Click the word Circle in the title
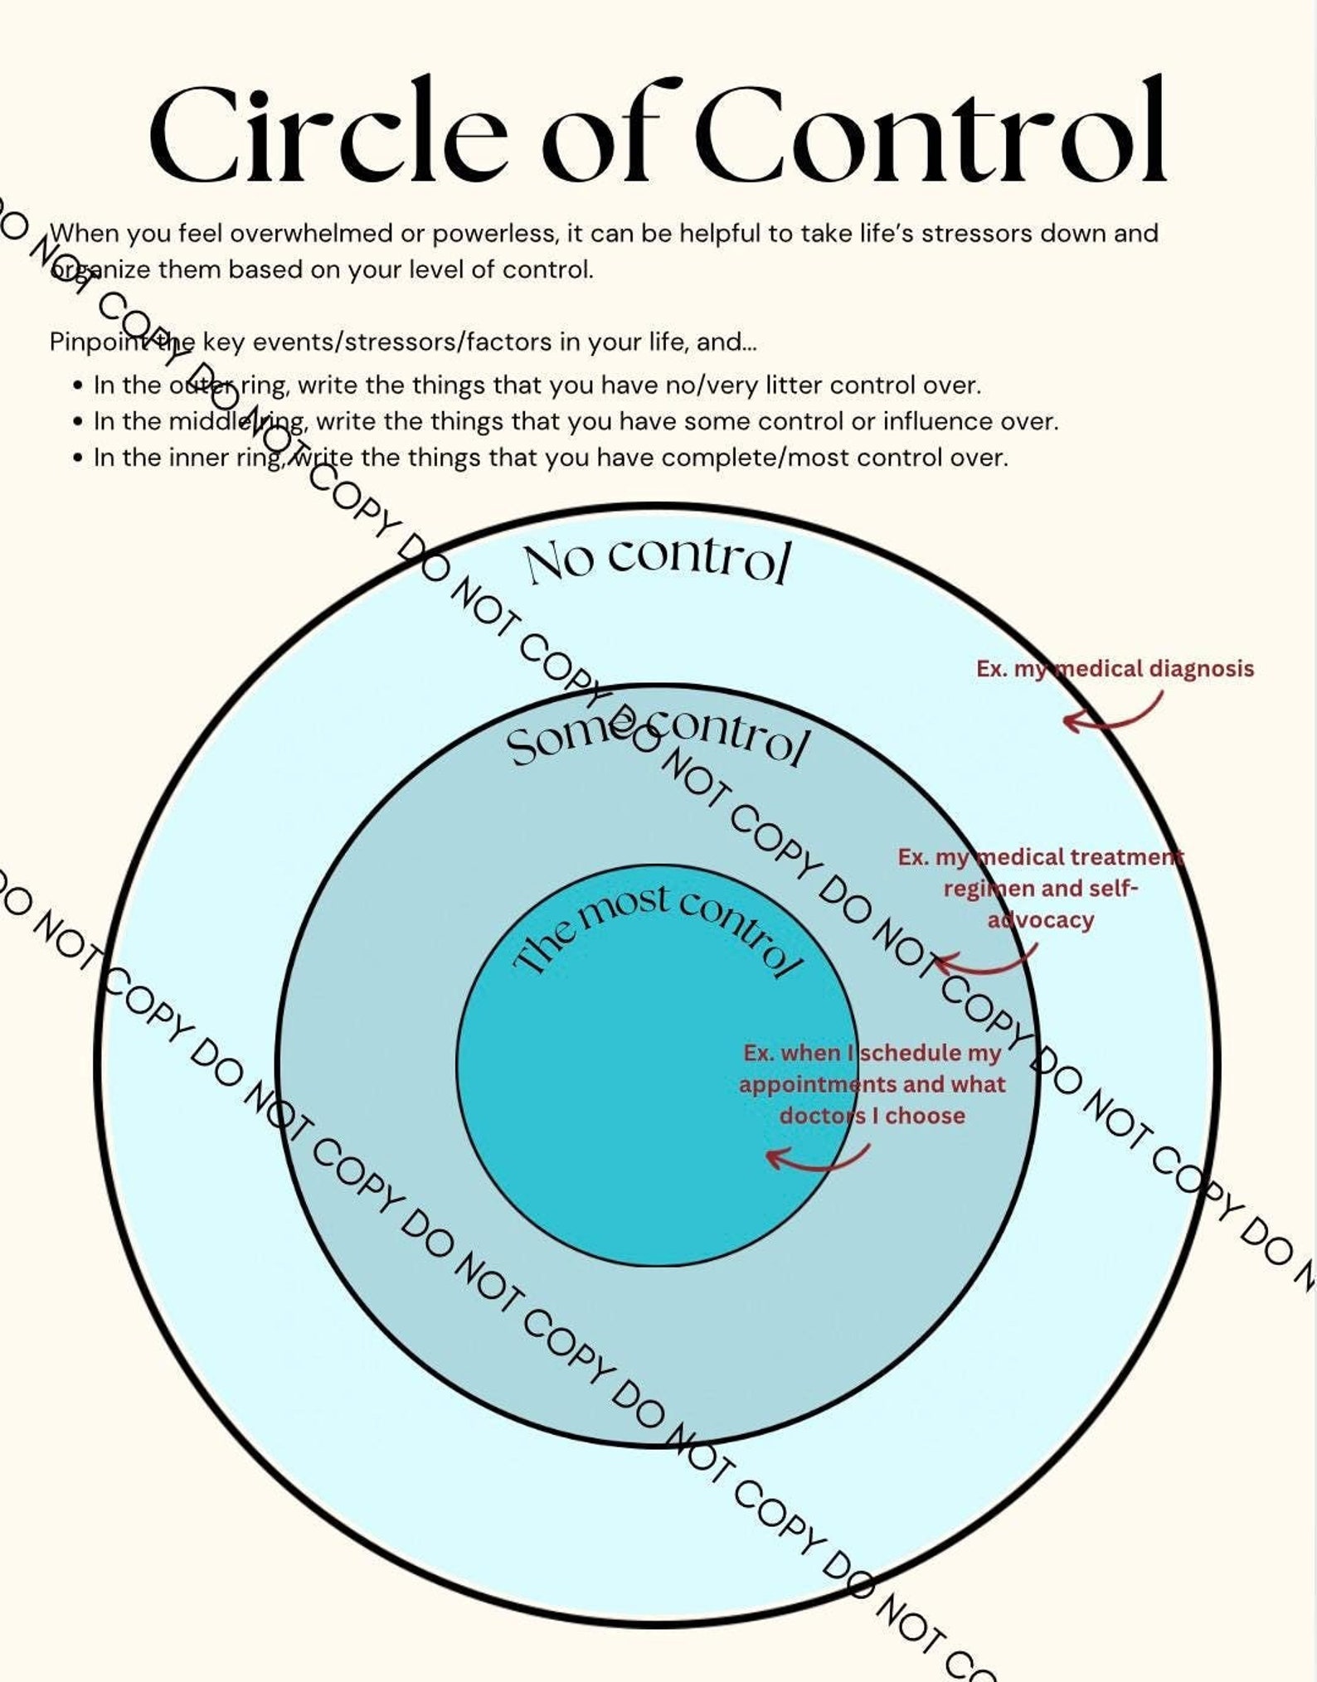[x=328, y=133]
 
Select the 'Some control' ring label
[x=655, y=737]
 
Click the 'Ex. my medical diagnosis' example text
[x=1115, y=669]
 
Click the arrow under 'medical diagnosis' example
[x=1112, y=715]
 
